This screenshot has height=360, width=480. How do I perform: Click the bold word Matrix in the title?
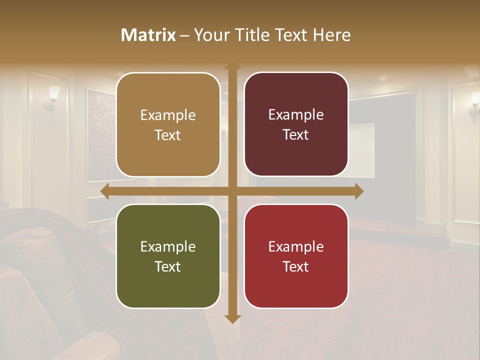pos(148,35)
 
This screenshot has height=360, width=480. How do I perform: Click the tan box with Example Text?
pos(168,125)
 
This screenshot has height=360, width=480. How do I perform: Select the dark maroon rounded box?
pos(296,124)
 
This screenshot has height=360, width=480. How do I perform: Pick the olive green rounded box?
pos(168,256)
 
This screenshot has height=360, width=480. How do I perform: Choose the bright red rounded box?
pos(296,256)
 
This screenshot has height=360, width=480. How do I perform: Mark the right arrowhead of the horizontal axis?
pos(359,191)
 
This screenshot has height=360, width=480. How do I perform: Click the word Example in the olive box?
pos(168,246)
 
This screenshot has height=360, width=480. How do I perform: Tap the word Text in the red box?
pos(296,266)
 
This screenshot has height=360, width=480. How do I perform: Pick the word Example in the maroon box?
pos(296,114)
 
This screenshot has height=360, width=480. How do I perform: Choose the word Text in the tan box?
pos(168,135)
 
